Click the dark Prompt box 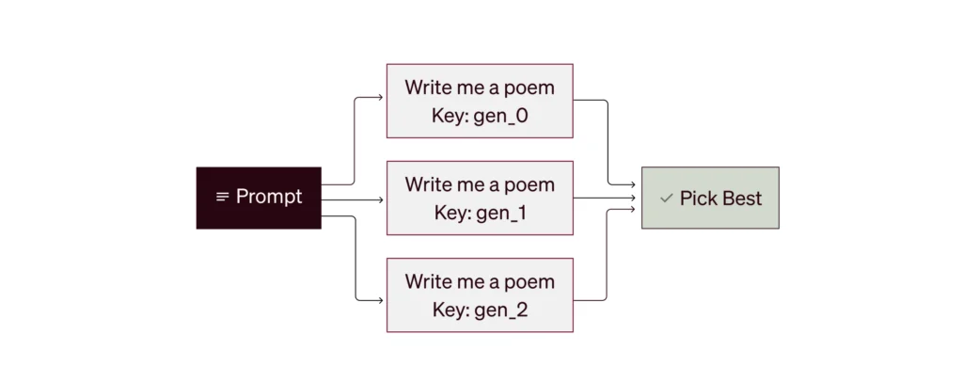click(259, 198)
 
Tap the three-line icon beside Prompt click(223, 198)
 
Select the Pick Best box click(711, 198)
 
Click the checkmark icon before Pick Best click(667, 199)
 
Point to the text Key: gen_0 click(480, 116)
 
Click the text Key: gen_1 click(480, 213)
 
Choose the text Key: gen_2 click(480, 310)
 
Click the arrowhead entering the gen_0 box click(380, 97)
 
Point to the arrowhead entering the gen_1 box click(380, 199)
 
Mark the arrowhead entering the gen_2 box click(380, 300)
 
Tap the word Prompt click(269, 197)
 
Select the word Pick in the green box click(699, 199)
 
